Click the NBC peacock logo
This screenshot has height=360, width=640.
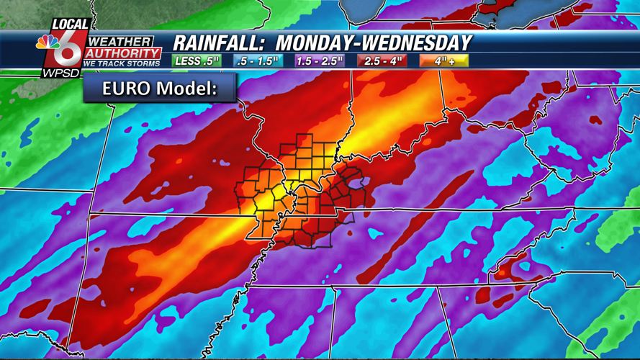point(48,42)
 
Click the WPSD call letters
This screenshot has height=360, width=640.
point(60,72)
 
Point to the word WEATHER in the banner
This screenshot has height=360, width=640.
point(120,42)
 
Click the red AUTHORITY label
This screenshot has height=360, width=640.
point(124,53)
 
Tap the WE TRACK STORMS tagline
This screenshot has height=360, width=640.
point(122,63)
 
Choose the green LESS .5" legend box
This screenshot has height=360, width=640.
point(197,61)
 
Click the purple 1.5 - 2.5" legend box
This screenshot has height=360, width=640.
point(320,61)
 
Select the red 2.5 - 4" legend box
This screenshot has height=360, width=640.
point(382,61)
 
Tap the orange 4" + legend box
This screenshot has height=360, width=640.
point(444,61)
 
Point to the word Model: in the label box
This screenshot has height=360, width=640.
point(194,89)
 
